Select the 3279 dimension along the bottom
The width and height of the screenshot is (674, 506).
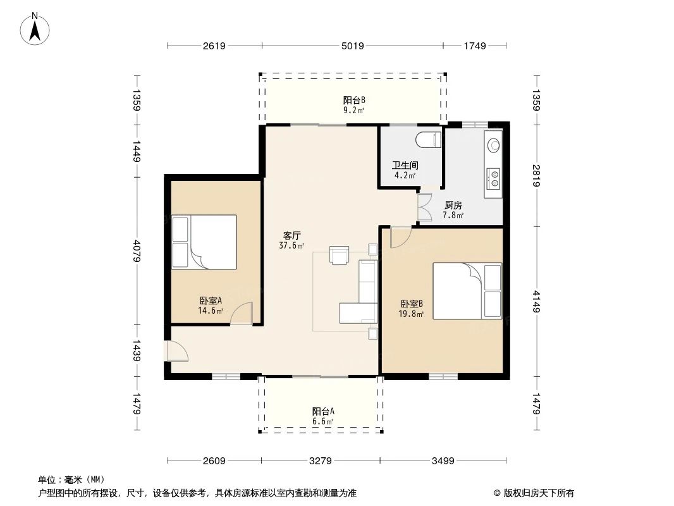click(x=321, y=460)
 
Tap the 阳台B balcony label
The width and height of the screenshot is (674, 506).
click(x=354, y=100)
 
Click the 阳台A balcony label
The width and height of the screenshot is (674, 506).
click(x=323, y=411)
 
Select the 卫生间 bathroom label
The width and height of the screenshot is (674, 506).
click(x=405, y=166)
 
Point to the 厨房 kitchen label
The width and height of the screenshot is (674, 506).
click(x=453, y=206)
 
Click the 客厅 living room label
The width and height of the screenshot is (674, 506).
click(x=291, y=235)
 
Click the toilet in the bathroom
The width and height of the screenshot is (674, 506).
click(x=427, y=140)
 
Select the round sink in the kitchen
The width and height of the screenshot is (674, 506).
click(x=493, y=144)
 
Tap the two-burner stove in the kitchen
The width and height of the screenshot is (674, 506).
click(x=493, y=177)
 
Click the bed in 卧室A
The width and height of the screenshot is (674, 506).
click(x=204, y=243)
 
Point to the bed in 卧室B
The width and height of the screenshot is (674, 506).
click(x=467, y=291)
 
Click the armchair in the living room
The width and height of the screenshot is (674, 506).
click(x=340, y=254)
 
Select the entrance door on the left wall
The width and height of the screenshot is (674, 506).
click(x=173, y=351)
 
